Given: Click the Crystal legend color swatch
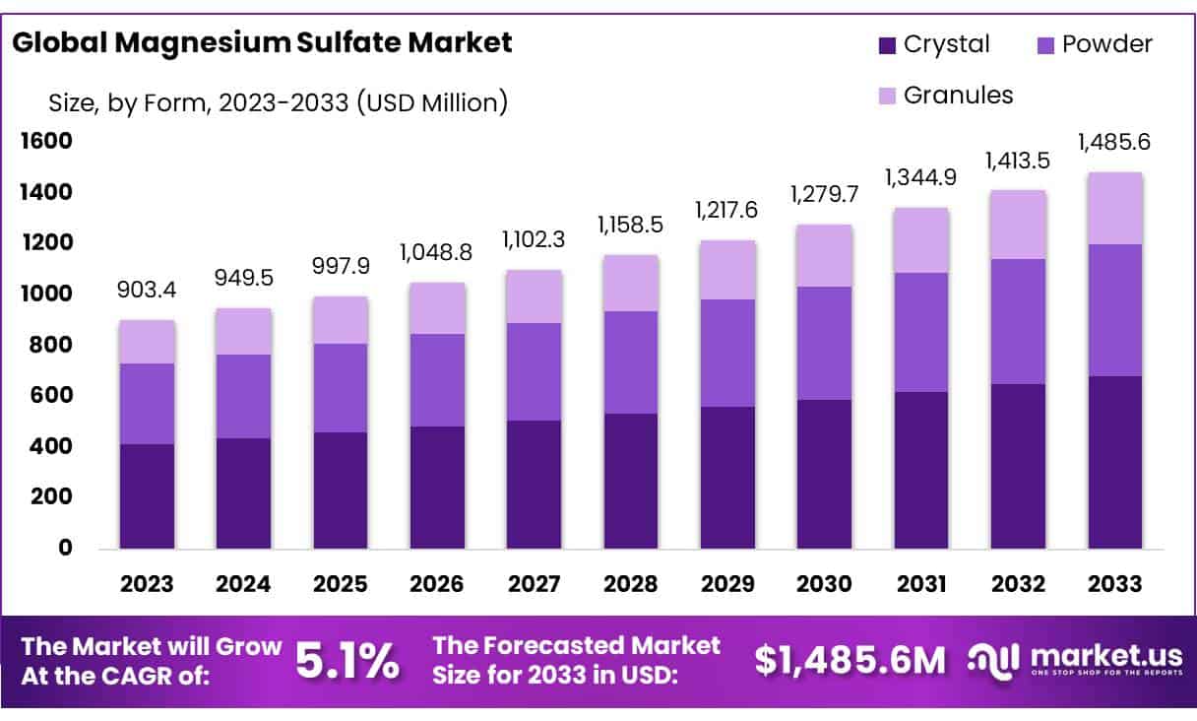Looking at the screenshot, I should pos(887,45).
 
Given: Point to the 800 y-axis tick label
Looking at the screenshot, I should pos(49,345).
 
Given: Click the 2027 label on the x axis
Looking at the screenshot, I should pos(534,584).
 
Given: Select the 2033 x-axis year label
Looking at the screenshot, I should pos(1115,584).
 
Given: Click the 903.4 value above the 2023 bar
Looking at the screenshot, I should pos(148,291).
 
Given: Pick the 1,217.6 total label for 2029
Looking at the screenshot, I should pos(728,211).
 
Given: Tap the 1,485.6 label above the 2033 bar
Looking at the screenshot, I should pos(1114,143).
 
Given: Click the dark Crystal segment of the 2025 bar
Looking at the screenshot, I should pos(341,490).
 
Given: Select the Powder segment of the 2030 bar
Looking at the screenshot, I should pos(824,343).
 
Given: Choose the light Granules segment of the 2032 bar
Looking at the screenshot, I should pos(1018,225).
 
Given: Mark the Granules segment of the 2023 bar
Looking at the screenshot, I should pos(147,342).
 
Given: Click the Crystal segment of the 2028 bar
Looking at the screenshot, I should pos(631,481).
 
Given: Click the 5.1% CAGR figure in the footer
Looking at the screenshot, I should pos(347,661).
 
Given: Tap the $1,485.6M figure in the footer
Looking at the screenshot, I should pos(850,661).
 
